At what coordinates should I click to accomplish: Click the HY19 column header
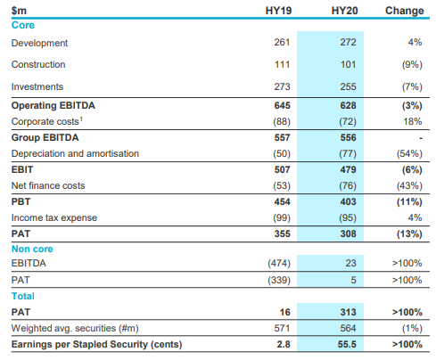278,11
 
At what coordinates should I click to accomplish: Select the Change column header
405,11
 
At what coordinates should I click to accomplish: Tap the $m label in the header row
19,11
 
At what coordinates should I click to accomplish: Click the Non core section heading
32,249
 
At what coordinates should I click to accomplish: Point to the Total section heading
23,296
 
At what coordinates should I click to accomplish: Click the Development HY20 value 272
348,42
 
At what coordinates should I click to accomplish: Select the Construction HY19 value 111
282,64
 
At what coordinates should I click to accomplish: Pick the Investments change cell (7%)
412,86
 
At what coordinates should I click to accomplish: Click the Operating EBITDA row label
53,105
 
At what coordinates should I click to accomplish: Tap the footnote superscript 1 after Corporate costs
81,119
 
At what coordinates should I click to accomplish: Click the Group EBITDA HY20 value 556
348,137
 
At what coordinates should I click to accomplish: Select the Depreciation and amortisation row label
75,153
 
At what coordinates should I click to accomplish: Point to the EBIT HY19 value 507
282,169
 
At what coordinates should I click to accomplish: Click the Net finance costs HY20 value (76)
348,185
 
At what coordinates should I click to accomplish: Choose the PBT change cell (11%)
409,202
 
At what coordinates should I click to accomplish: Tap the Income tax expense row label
54,217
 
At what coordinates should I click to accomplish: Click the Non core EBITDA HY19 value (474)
279,263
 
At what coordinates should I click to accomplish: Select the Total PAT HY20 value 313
348,312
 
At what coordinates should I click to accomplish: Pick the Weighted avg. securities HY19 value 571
282,328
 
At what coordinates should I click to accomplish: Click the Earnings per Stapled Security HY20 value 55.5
347,344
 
